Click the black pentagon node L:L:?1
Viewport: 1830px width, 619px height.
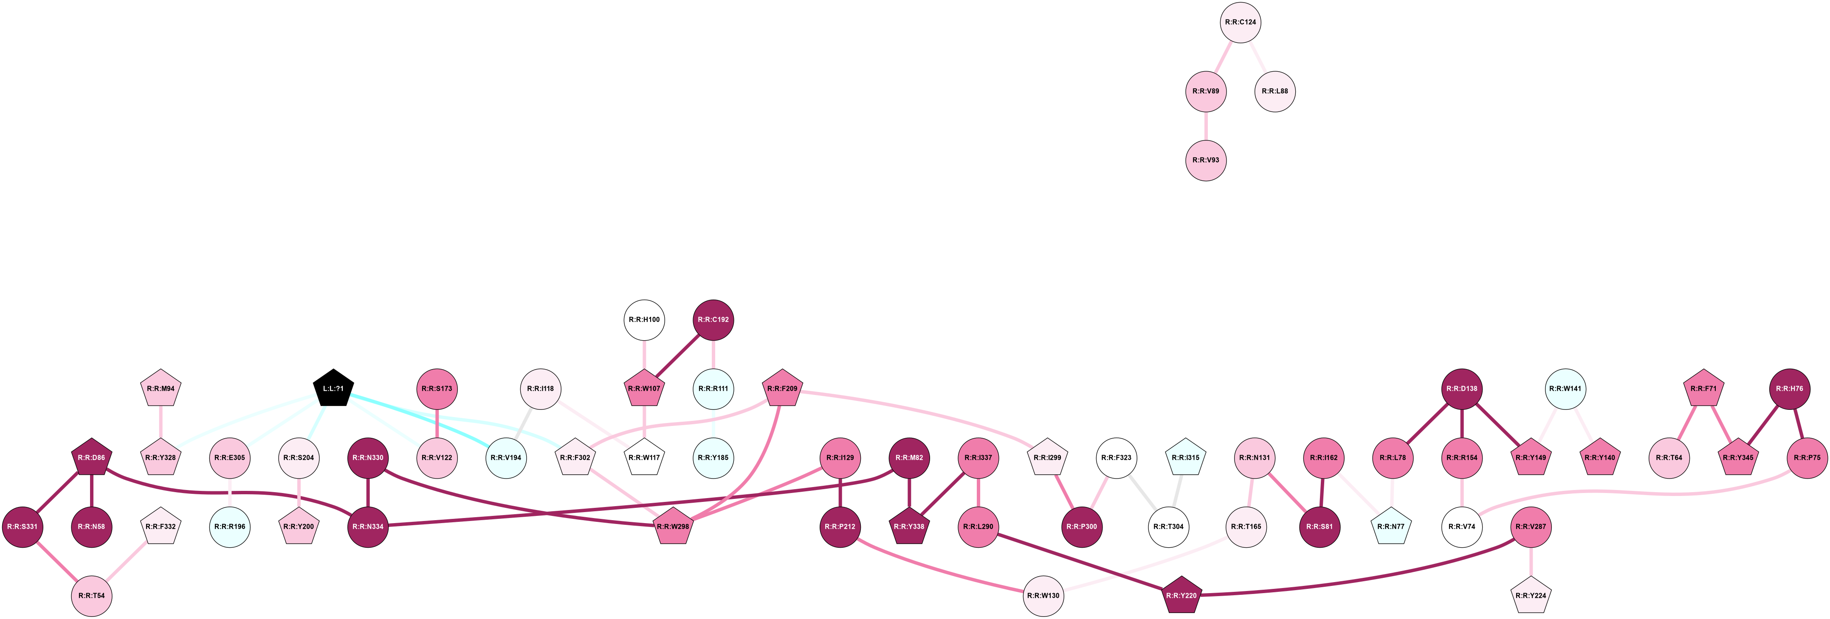pos(333,389)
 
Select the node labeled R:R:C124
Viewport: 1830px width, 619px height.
pos(1241,22)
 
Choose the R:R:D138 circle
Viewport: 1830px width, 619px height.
pos(1462,389)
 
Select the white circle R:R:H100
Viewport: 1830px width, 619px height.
pos(644,319)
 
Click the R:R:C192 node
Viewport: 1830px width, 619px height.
pos(713,319)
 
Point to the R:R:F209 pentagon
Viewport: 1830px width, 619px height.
pos(782,389)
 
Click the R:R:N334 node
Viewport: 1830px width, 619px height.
pos(368,527)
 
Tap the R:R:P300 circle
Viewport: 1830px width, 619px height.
pos(1082,527)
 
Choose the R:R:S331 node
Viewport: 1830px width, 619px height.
pos(22,527)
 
